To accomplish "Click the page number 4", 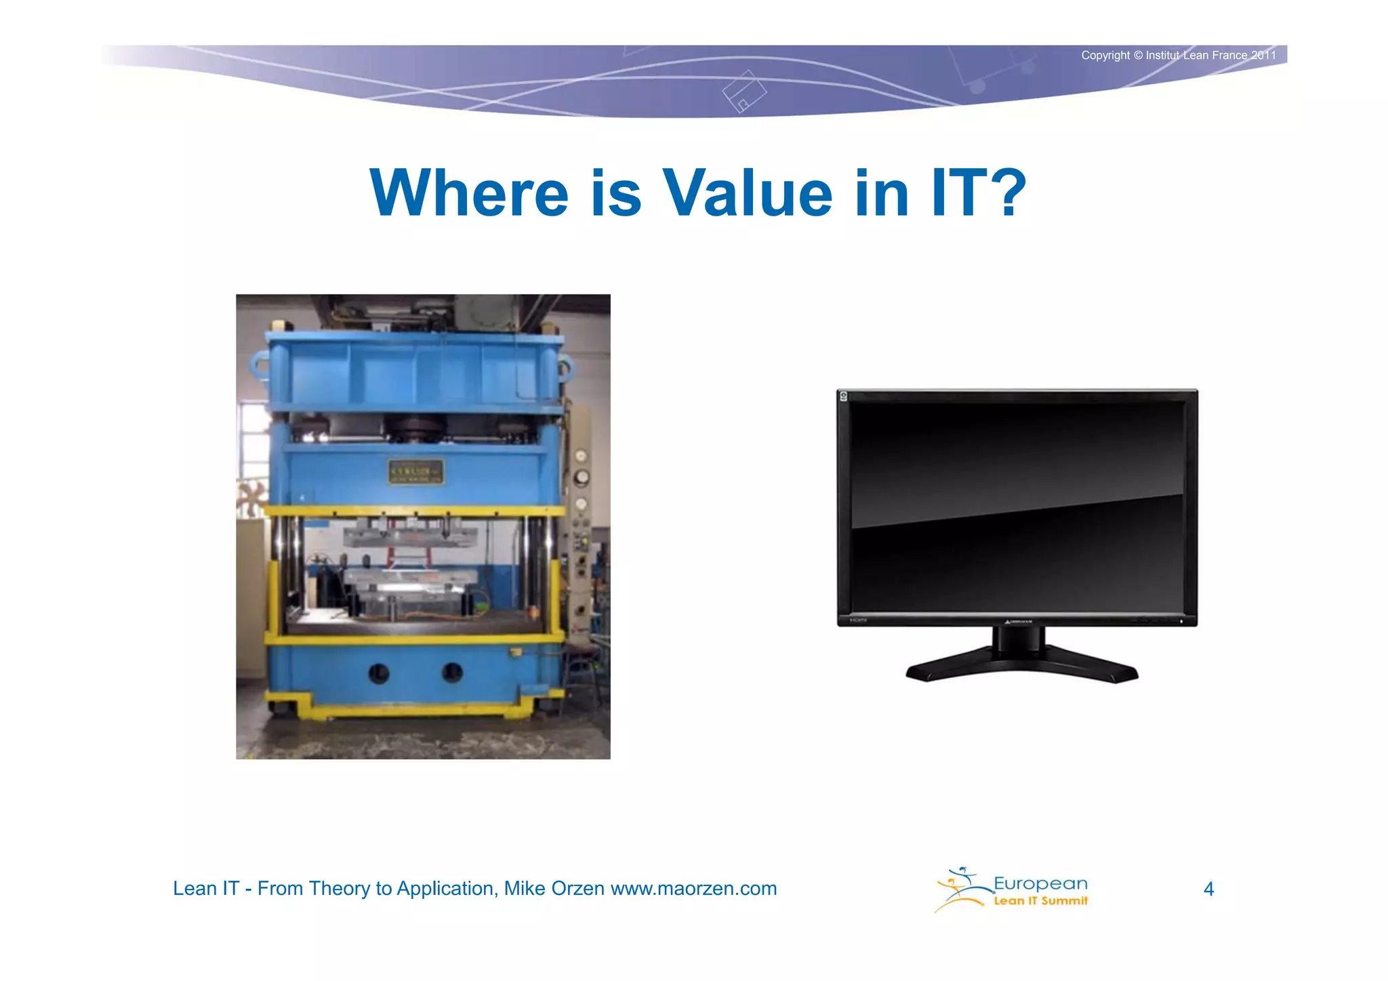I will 1208,889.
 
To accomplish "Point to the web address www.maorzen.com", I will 693,888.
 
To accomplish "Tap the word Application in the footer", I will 446,888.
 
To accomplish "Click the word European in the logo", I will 1040,883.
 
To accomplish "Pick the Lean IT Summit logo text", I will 1040,901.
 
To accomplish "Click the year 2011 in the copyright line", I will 1263,56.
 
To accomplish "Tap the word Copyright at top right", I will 1105,56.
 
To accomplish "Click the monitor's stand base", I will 1022,667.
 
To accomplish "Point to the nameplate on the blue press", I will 415,471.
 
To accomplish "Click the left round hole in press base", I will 378,673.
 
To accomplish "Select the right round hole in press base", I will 452,673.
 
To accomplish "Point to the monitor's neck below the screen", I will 1018,641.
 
